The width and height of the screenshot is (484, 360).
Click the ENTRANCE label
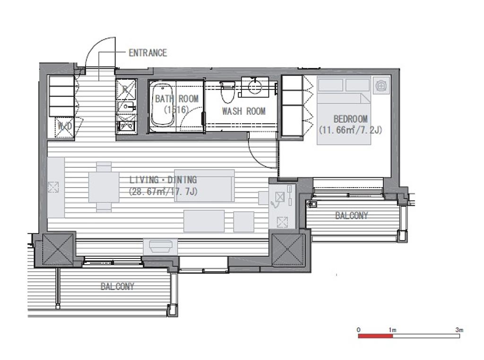click(147, 53)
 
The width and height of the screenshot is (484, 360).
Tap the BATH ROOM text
click(177, 99)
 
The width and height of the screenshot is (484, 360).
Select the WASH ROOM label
click(243, 111)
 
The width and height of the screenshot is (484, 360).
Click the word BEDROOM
click(350, 119)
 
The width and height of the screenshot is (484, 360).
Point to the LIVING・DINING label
click(163, 180)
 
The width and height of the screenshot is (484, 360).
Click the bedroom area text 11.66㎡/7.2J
click(350, 129)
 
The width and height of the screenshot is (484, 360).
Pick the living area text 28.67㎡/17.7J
click(163, 191)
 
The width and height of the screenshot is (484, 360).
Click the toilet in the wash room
click(228, 92)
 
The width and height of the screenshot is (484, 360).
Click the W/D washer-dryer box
click(64, 126)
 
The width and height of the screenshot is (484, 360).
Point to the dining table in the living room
click(104, 187)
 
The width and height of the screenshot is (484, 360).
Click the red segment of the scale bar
click(375, 336)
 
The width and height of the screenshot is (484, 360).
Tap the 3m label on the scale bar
click(459, 330)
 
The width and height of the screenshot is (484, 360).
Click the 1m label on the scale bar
click(392, 330)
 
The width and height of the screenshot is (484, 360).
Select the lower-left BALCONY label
click(118, 287)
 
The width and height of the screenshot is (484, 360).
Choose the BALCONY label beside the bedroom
click(352, 215)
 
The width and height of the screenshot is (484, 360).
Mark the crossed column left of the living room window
click(58, 249)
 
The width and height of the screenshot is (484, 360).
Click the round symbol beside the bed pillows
click(381, 85)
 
